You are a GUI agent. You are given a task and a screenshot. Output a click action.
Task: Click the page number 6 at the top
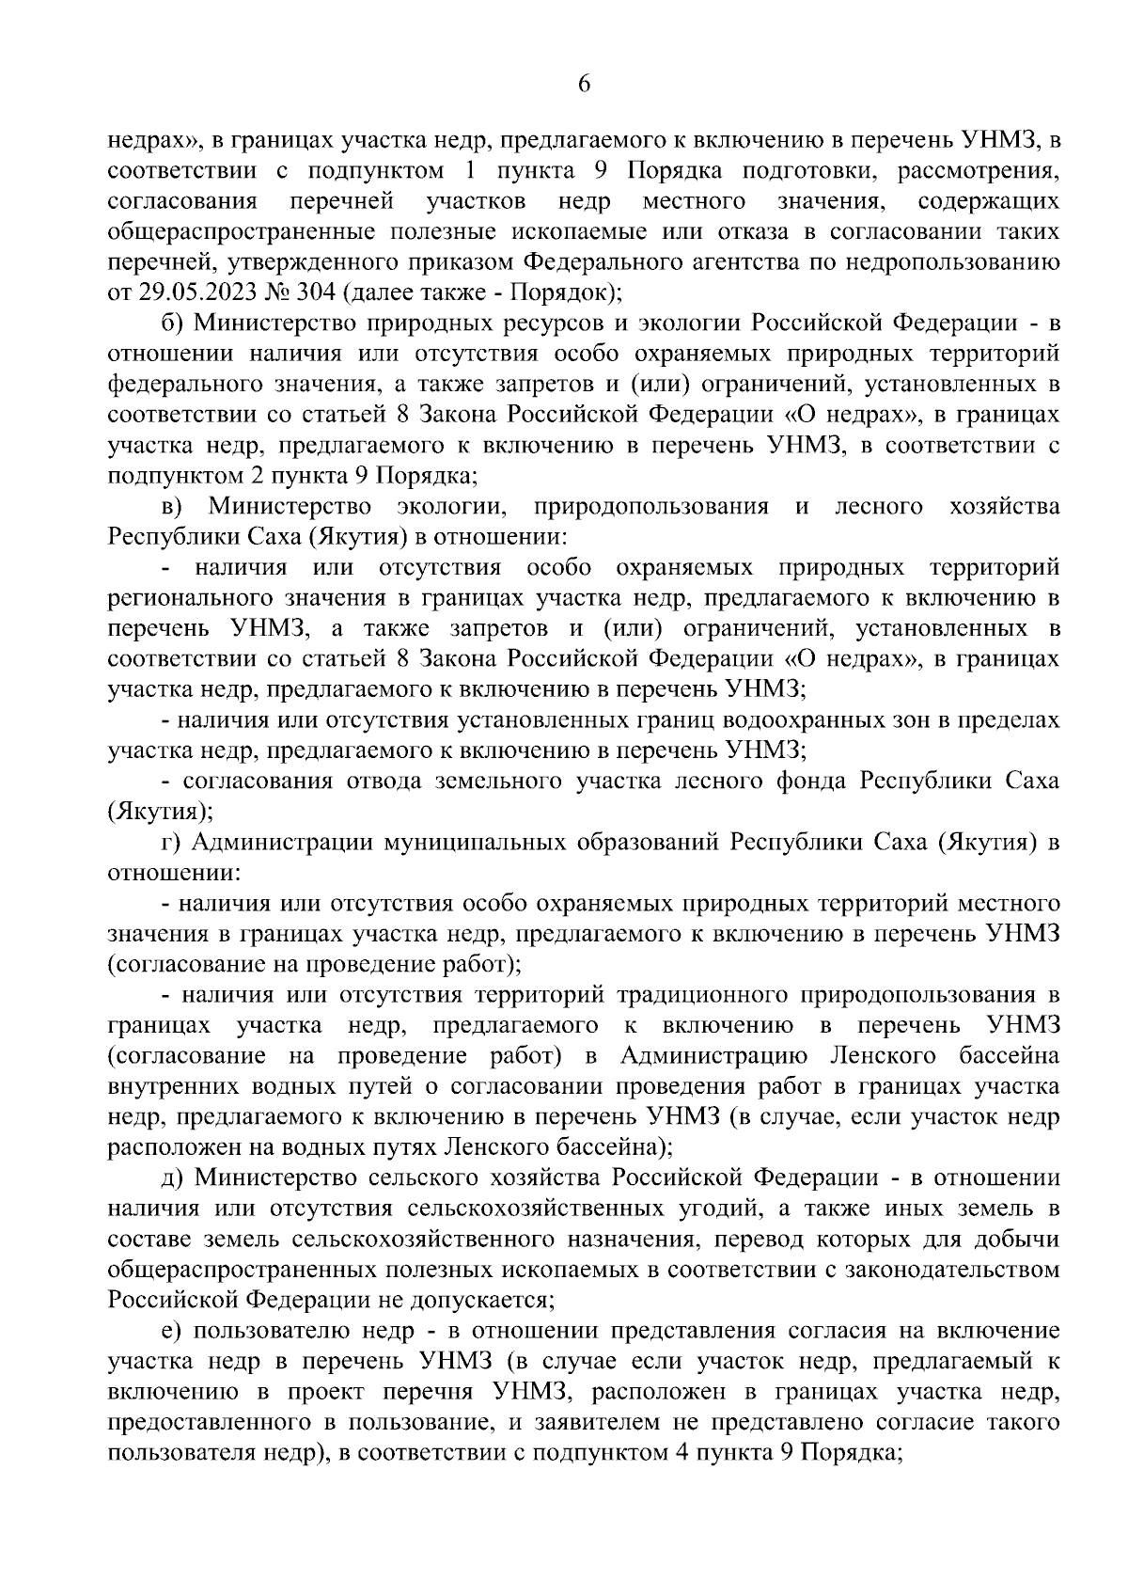tap(584, 84)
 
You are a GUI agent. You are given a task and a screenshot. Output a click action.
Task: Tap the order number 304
tap(314, 292)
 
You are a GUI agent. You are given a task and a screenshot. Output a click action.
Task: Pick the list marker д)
tap(173, 1178)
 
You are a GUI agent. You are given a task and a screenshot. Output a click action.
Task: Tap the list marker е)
tap(172, 1331)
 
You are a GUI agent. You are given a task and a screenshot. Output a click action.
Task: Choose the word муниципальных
tap(460, 843)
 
